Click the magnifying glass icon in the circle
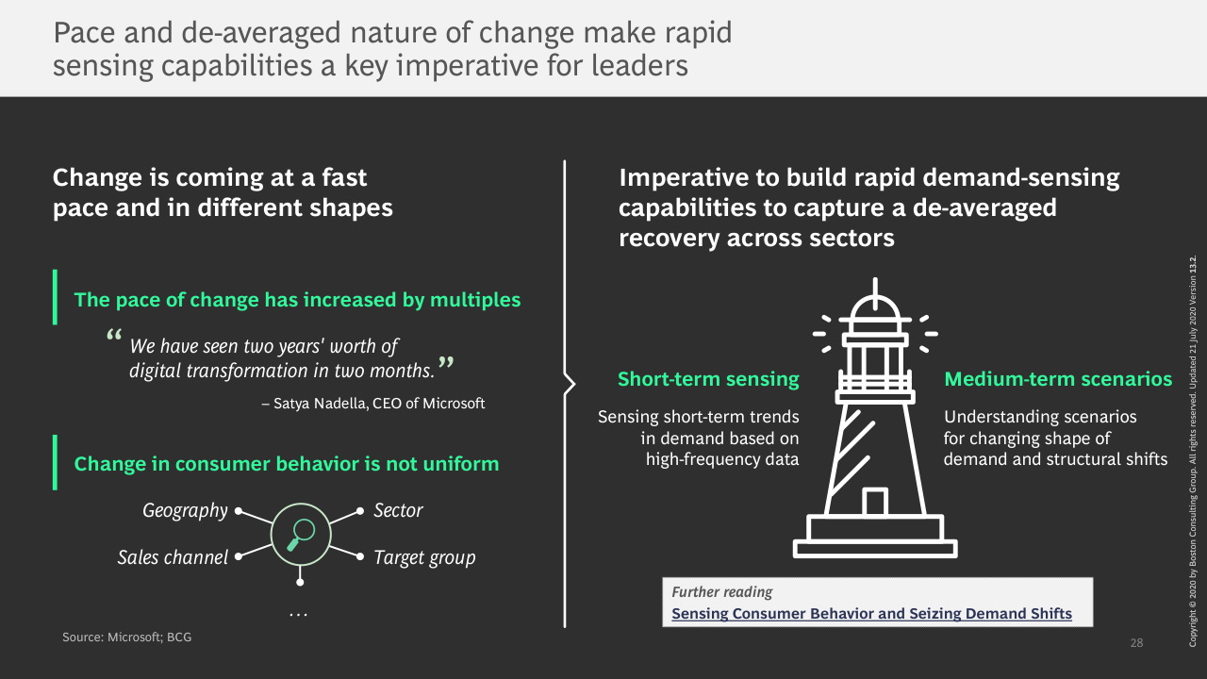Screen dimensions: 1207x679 301,535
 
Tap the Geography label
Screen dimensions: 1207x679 185,510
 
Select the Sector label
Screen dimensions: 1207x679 398,510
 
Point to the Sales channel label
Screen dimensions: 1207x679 173,557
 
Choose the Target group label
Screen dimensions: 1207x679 424,557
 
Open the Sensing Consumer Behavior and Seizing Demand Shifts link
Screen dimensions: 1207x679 872,613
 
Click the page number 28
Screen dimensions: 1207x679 1136,642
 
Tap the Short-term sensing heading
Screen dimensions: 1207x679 708,379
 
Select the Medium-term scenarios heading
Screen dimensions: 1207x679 1058,379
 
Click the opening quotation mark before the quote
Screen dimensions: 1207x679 114,334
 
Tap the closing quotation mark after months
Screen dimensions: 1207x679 446,362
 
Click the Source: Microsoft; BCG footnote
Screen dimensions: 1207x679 126,637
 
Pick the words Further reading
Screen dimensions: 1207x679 721,592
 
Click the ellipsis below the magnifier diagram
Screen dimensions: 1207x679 299,614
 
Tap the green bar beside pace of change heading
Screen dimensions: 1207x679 55,297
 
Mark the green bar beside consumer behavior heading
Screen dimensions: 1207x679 55,462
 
